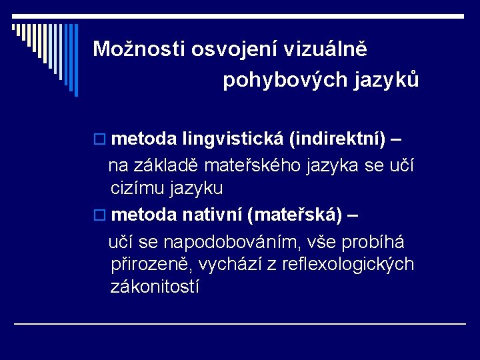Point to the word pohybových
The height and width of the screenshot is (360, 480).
click(x=285, y=80)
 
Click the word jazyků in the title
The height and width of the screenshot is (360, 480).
click(x=387, y=80)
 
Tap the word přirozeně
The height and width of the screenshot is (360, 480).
click(x=150, y=264)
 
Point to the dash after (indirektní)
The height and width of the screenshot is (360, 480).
click(x=396, y=140)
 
